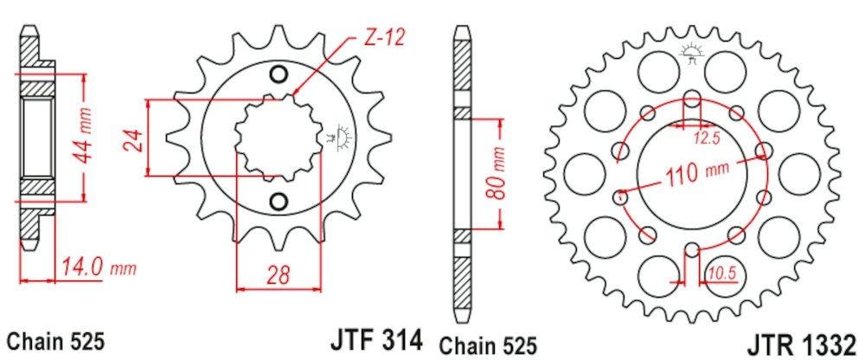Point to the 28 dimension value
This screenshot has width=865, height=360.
tap(278, 277)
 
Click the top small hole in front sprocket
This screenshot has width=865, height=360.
tap(278, 74)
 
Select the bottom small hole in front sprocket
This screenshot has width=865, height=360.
tap(278, 202)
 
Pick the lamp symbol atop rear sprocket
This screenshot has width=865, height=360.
tap(690, 51)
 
